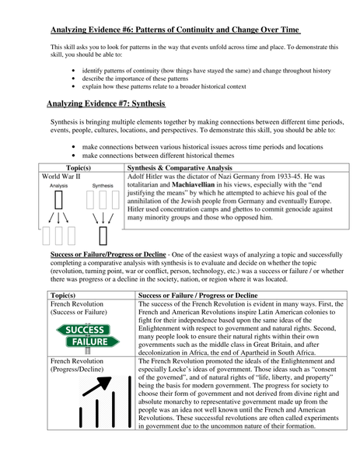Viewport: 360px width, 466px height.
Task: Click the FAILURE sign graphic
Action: point(87,342)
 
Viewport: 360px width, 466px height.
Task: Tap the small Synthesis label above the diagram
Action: point(103,187)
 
